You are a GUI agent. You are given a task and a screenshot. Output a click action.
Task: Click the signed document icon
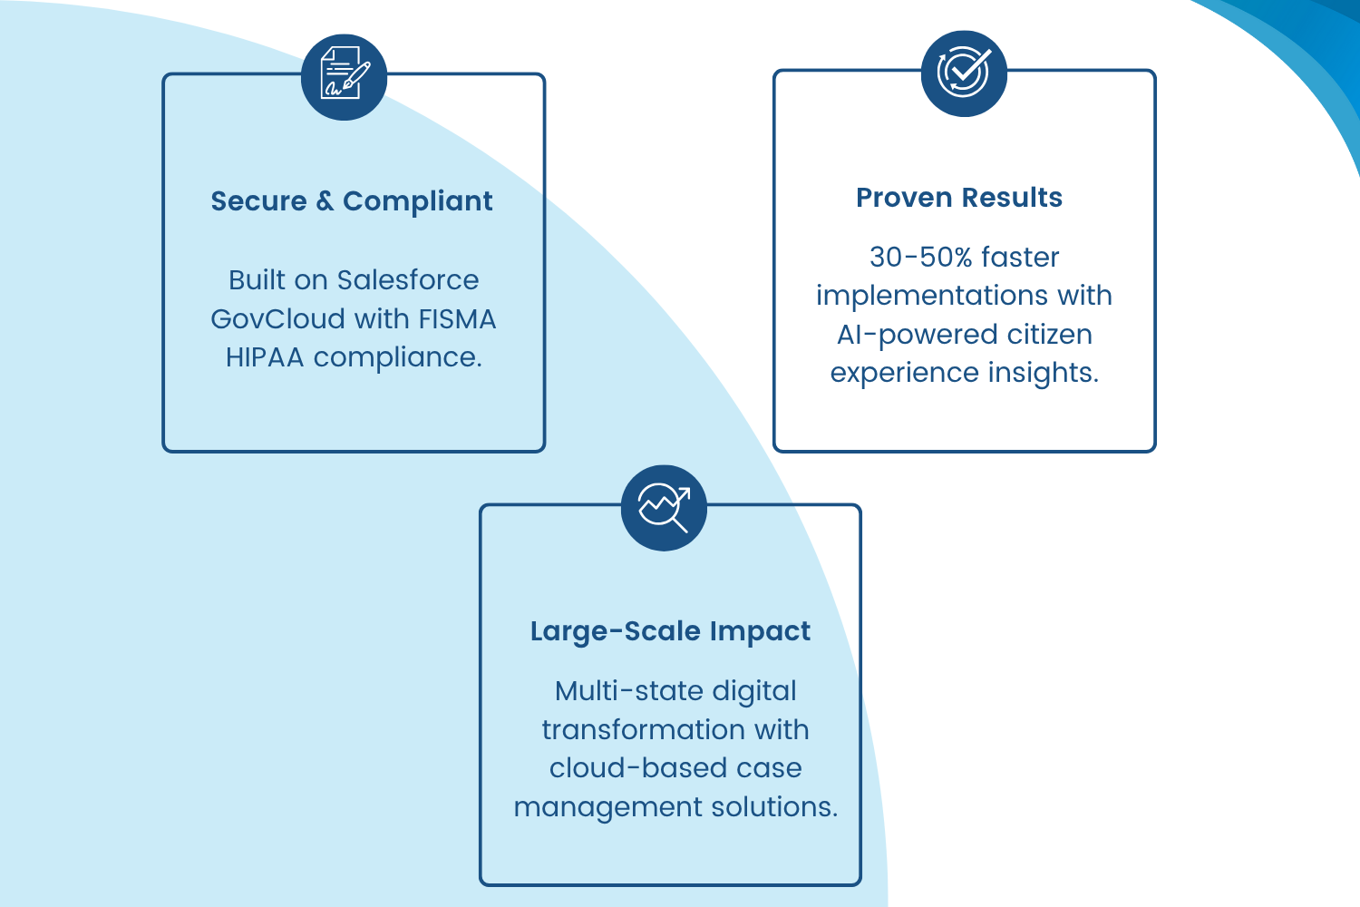[345, 76]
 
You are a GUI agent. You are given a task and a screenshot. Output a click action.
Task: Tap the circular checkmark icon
[964, 73]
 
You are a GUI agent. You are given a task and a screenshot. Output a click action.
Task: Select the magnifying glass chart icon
[664, 507]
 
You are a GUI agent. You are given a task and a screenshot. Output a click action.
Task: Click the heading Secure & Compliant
[352, 200]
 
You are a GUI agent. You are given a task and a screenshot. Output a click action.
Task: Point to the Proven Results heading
[959, 197]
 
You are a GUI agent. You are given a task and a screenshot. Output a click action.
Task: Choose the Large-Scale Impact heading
[670, 630]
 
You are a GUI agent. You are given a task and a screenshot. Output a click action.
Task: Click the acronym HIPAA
[265, 357]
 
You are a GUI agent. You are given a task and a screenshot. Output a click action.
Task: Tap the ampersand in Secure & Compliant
[325, 200]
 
